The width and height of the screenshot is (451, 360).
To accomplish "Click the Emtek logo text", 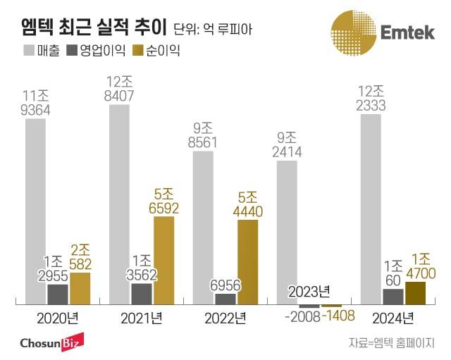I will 407,33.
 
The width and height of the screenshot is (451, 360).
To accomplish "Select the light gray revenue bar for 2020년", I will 35,211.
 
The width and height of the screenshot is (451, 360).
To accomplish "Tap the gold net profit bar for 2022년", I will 247,261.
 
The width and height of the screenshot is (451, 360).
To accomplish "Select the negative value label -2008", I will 302,315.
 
